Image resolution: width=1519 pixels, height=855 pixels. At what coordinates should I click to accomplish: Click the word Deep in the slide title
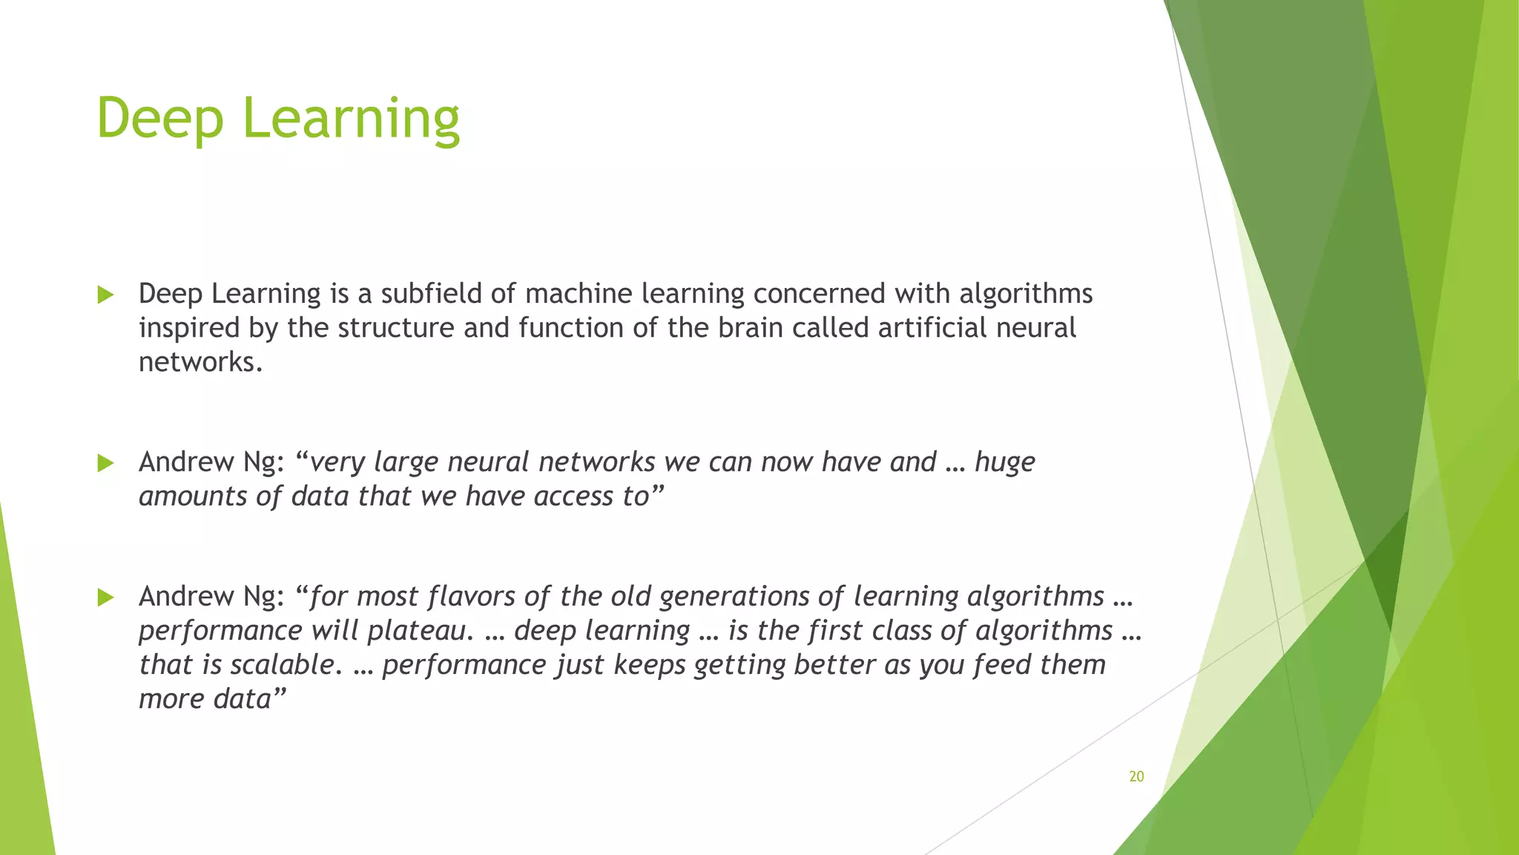[x=159, y=119]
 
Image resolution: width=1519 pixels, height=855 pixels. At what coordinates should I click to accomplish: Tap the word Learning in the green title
[x=351, y=119]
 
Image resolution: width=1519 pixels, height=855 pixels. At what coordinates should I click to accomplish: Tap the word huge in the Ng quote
[x=1004, y=462]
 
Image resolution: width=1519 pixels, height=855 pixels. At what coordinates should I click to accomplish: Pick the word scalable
[x=287, y=665]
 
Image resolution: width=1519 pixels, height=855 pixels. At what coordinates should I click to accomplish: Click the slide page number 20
[x=1136, y=776]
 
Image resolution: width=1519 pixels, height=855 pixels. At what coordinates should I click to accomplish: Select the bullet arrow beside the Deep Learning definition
[x=105, y=295]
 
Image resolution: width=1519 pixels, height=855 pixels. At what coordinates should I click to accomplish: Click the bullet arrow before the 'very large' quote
[x=105, y=463]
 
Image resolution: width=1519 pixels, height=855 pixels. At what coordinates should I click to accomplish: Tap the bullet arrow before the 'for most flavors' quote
[x=105, y=597]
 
